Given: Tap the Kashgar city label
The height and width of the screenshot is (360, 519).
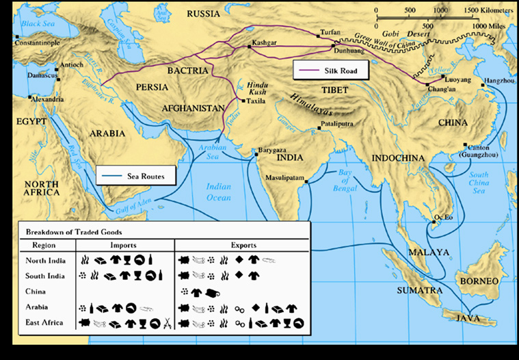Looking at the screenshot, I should (264, 42).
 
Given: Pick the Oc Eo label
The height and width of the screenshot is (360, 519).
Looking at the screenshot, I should (445, 218).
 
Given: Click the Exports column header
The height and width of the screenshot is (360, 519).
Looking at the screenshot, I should (241, 244).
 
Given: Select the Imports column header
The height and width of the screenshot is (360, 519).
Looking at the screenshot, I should (122, 244).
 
